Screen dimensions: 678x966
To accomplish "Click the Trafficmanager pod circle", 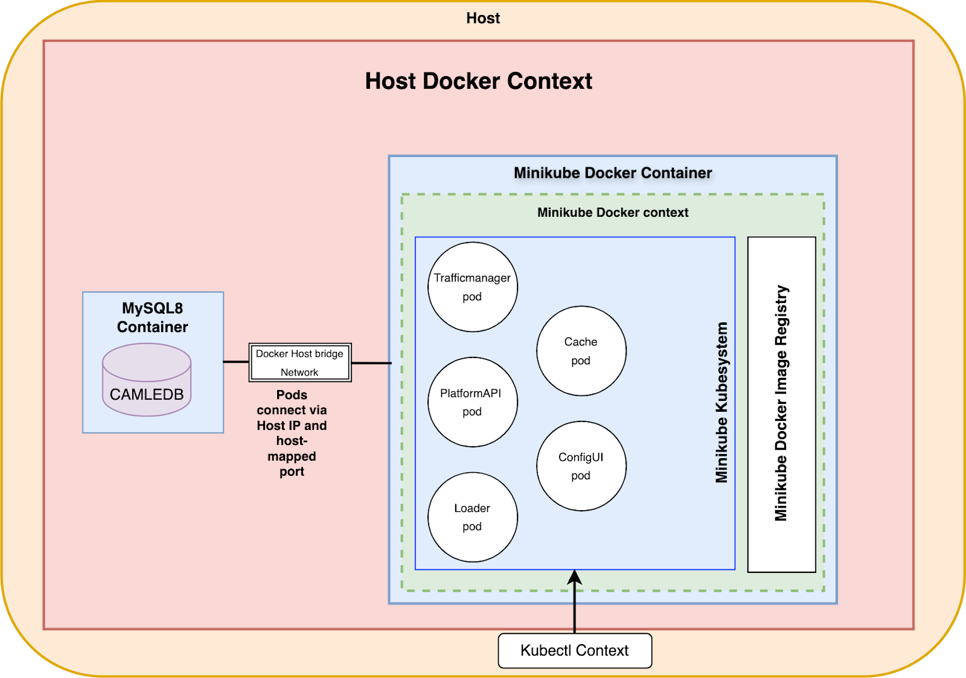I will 473,287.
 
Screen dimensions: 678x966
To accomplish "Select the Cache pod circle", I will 581,351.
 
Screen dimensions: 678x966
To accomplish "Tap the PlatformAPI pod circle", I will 473,402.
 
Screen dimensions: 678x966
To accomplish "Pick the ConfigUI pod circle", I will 581,466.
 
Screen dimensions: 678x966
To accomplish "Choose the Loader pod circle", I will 473,517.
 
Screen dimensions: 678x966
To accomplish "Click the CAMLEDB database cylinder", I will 147,380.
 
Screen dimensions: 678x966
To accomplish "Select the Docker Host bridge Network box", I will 300,362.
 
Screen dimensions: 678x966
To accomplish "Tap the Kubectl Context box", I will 575,650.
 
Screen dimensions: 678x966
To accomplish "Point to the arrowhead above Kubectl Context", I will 575,577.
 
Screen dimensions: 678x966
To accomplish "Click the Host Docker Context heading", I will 478,81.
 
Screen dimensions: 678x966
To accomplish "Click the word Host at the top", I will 483,18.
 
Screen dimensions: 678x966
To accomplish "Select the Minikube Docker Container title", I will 613,173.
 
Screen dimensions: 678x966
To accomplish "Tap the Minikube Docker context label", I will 613,213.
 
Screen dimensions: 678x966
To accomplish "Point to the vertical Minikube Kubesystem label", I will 721,403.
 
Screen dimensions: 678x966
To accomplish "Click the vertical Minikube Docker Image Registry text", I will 781,403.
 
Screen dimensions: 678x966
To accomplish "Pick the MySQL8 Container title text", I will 153,318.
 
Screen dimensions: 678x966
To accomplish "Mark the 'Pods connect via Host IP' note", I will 292,433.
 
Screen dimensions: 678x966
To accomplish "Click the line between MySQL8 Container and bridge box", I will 236,362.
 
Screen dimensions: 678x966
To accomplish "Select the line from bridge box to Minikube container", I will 371,363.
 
